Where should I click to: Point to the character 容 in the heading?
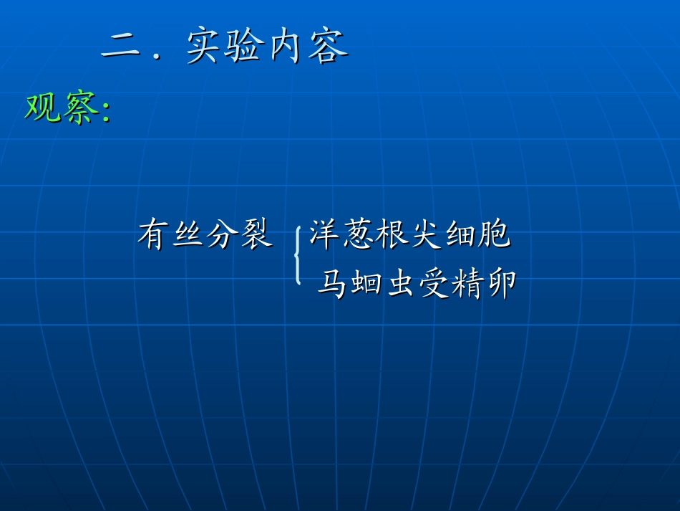[329, 47]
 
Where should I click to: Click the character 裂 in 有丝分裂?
[256, 235]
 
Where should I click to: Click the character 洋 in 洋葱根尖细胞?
[325, 235]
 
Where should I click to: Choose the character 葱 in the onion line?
[359, 235]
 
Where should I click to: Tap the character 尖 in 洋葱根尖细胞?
[427, 235]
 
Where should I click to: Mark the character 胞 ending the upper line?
[495, 235]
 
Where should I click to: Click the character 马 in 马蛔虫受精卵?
[333, 284]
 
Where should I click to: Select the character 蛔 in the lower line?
[366, 284]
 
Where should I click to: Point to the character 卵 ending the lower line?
[501, 284]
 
